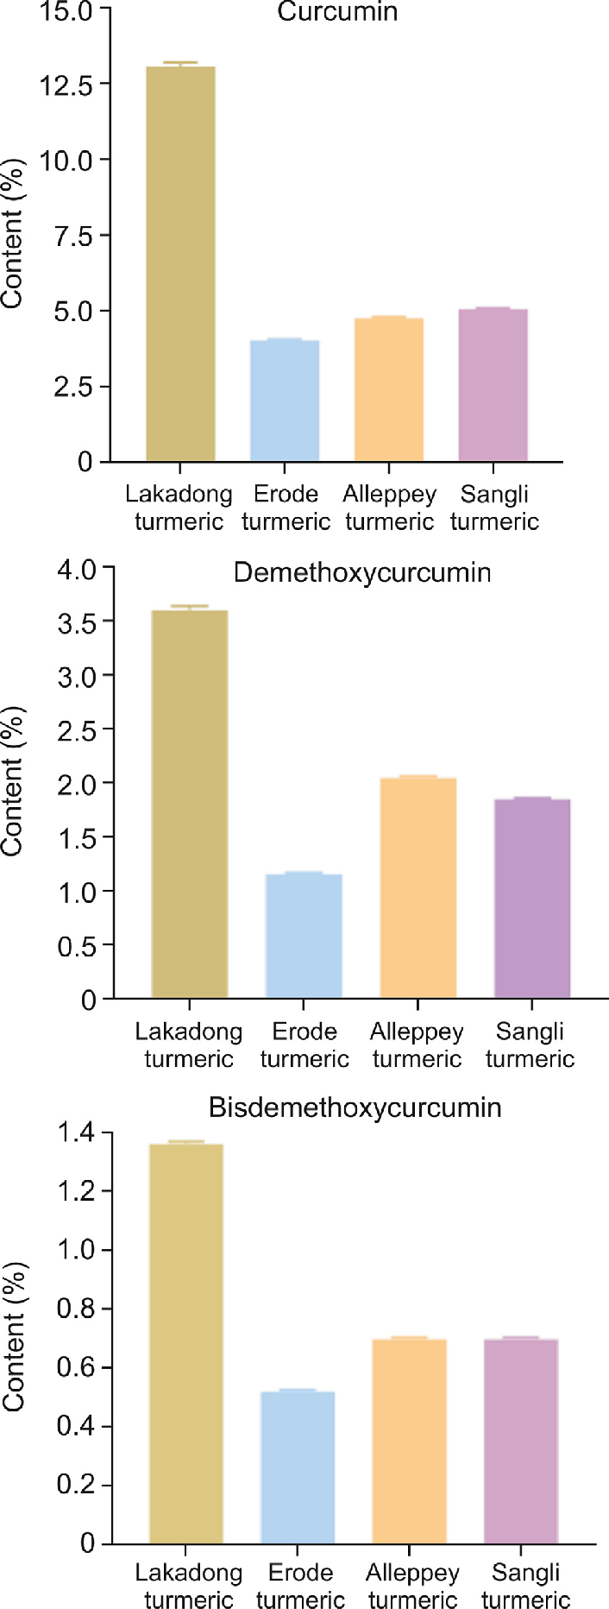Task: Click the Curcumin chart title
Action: pyautogui.click(x=337, y=12)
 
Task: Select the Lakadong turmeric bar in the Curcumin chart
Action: pyautogui.click(x=180, y=263)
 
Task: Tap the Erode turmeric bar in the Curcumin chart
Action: pyautogui.click(x=285, y=401)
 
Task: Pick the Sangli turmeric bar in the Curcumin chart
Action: pyautogui.click(x=493, y=385)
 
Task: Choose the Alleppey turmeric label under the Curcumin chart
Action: pyautogui.click(x=389, y=508)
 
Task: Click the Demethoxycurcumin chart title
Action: pyautogui.click(x=362, y=573)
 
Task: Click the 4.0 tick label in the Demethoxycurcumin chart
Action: pyautogui.click(x=77, y=570)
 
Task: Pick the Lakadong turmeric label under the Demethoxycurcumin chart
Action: pyautogui.click(x=189, y=1045)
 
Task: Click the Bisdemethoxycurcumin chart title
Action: pyautogui.click(x=355, y=1107)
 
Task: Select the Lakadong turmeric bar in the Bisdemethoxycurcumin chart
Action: pyautogui.click(x=186, y=1343)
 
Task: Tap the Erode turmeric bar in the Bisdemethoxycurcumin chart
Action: pyautogui.click(x=298, y=1467)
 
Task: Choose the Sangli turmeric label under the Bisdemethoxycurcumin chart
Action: pyautogui.click(x=526, y=1587)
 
